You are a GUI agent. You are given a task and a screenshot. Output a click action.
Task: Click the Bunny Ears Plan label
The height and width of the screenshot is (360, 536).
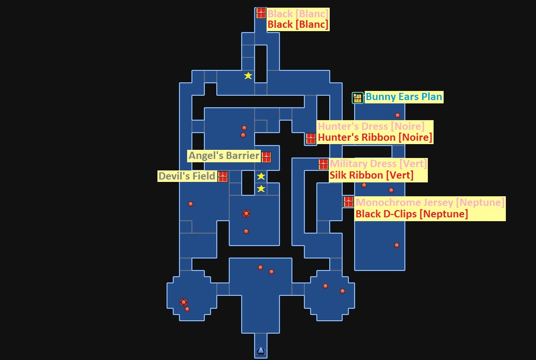click(404, 97)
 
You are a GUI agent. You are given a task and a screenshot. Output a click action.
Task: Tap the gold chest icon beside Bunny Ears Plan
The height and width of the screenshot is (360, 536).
click(357, 98)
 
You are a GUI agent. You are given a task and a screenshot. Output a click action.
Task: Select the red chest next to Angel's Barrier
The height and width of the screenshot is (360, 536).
click(267, 157)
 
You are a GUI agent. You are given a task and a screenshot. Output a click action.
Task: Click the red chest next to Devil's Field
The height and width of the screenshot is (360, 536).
click(223, 177)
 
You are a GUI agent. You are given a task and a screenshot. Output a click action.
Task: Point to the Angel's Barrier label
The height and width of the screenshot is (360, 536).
click(223, 156)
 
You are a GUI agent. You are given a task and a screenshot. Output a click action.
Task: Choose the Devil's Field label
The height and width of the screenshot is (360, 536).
click(187, 176)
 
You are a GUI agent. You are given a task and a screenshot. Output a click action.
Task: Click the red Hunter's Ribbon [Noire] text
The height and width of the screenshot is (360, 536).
click(375, 137)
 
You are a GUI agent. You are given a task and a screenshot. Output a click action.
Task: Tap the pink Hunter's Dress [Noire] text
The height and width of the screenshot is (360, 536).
click(371, 126)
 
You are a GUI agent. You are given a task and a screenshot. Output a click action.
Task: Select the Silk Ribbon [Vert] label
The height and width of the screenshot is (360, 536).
click(371, 175)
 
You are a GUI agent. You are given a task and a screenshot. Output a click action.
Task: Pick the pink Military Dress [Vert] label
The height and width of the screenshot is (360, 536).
click(378, 164)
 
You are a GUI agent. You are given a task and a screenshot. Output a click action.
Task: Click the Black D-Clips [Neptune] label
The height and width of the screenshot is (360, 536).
click(411, 214)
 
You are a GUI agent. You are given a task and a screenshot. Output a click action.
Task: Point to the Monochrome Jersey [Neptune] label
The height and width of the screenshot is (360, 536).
click(430, 202)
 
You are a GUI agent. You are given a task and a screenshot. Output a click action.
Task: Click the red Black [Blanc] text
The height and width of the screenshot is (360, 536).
click(298, 24)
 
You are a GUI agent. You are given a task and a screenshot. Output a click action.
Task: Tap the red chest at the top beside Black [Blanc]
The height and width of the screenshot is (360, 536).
click(261, 13)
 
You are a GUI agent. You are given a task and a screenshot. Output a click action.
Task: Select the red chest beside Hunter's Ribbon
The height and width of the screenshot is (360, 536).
click(311, 138)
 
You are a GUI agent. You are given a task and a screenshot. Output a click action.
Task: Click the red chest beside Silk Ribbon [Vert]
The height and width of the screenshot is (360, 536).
click(323, 164)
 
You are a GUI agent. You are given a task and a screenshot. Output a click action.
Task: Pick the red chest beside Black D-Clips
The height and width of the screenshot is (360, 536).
click(348, 202)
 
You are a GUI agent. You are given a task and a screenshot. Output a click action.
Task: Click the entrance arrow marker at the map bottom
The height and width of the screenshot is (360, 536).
click(260, 351)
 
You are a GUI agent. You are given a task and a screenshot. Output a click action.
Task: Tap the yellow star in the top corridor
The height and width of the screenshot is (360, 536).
click(248, 76)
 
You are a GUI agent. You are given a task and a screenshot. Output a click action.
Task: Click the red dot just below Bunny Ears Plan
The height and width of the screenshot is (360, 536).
click(397, 115)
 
